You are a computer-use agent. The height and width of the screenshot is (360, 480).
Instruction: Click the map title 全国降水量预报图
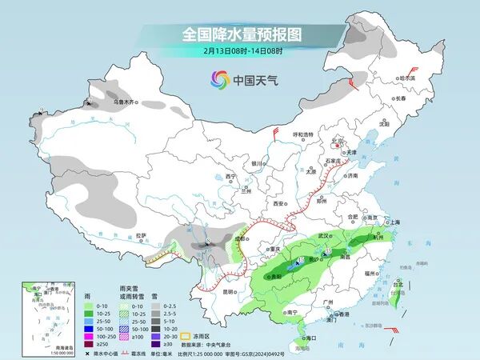click(x=239, y=35)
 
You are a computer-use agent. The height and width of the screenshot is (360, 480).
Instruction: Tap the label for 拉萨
click(x=141, y=235)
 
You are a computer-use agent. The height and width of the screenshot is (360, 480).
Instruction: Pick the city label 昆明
click(x=229, y=291)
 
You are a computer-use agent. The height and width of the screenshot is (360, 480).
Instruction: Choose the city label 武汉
click(x=324, y=237)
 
